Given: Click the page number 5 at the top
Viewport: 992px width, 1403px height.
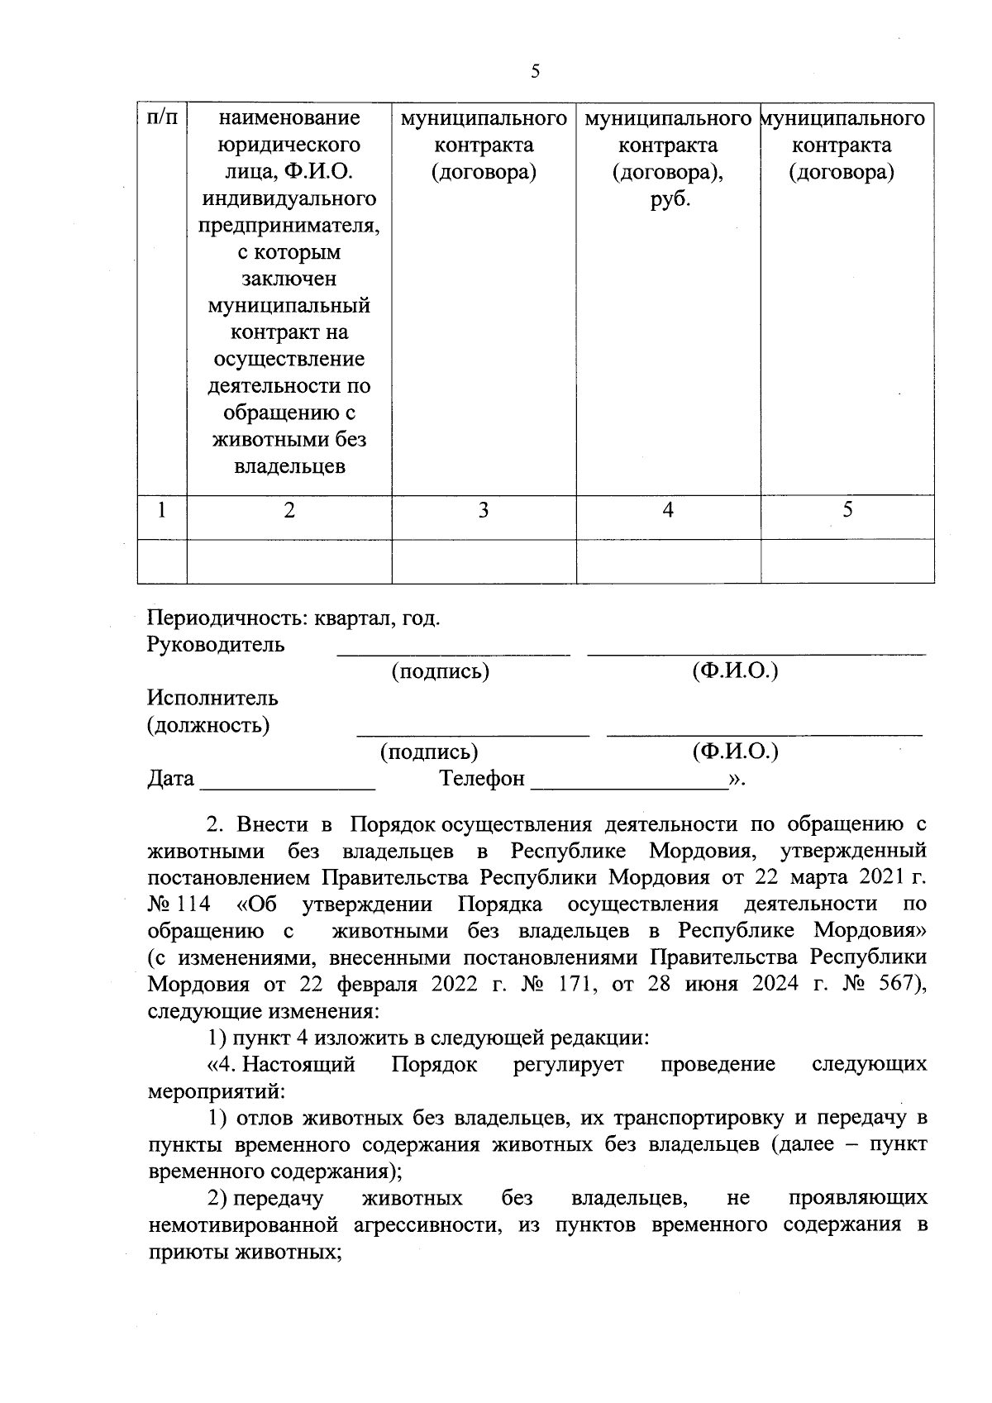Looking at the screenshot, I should [535, 71].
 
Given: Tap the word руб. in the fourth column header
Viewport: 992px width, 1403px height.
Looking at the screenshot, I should [670, 199].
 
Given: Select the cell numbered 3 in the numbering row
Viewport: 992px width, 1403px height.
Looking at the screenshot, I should [484, 510].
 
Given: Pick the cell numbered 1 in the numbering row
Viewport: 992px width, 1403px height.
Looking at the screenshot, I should [162, 510].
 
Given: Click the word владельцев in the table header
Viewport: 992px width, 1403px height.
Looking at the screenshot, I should [289, 466].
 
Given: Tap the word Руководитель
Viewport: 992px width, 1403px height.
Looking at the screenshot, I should [216, 645].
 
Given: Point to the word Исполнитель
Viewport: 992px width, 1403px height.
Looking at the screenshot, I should [212, 698].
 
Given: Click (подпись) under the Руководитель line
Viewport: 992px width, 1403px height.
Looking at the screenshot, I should [441, 671].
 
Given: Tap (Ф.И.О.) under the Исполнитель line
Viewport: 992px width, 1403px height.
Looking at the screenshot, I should [735, 751].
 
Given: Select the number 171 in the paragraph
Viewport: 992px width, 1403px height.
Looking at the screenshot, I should [608, 984].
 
